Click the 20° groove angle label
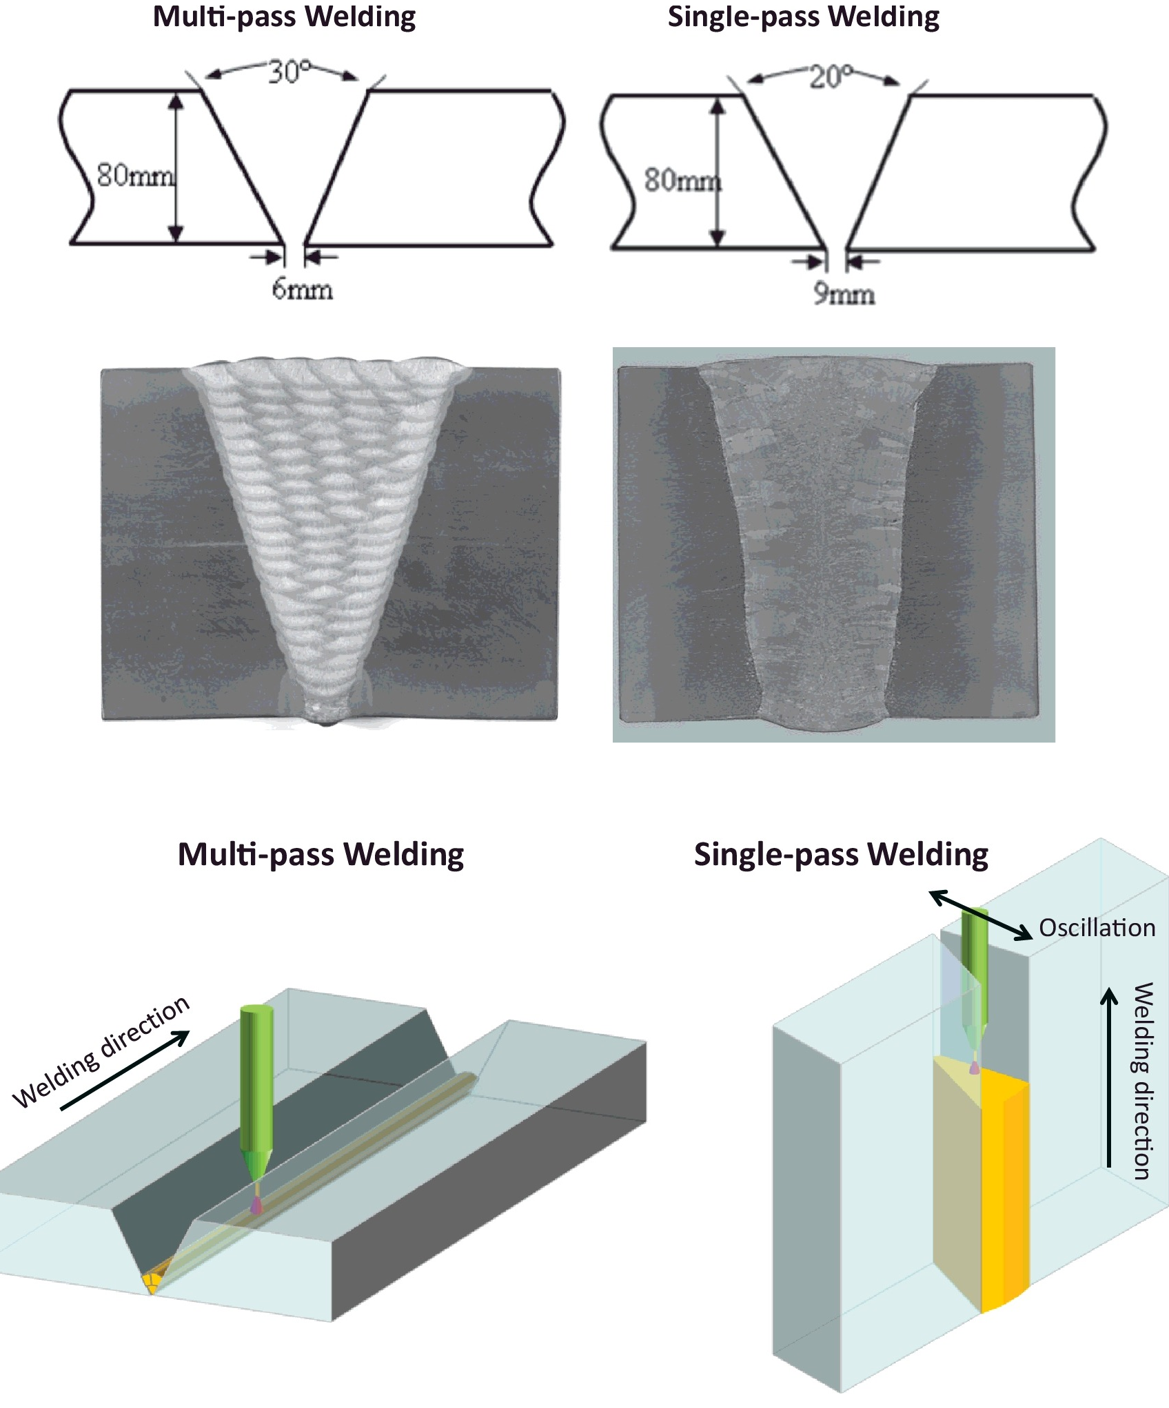tap(831, 76)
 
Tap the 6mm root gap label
tap(302, 289)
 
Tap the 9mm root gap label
tap(844, 294)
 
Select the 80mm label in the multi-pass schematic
tap(134, 176)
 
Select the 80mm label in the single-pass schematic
tap(682, 180)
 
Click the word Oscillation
tap(1097, 928)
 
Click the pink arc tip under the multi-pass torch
tap(257, 1205)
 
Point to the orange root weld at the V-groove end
tap(153, 1281)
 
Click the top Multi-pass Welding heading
tap(284, 17)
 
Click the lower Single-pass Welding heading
tap(841, 854)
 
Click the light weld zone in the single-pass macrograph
tap(820, 537)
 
